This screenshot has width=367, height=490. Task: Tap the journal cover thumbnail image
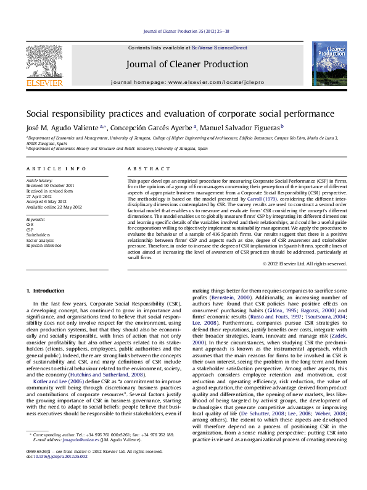click(x=329, y=64)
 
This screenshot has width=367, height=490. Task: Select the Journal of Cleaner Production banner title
click(x=187, y=64)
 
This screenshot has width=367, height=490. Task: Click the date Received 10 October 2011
click(x=50, y=185)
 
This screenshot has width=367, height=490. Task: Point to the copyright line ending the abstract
click(x=304, y=264)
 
